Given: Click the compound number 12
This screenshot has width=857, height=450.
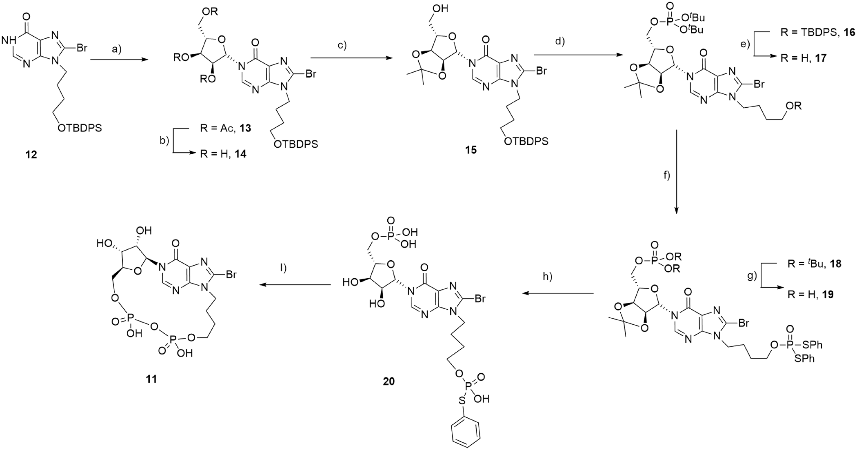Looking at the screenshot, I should (x=31, y=155).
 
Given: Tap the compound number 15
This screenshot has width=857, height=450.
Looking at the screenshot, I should (x=471, y=150).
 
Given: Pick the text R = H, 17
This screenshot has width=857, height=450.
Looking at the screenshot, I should (x=804, y=58).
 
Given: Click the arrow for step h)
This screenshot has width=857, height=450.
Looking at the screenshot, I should (x=559, y=293).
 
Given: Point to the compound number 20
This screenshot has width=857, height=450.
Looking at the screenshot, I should (x=389, y=381).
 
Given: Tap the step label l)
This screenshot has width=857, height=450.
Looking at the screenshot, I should (x=283, y=268).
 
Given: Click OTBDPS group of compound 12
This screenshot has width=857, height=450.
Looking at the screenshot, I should (x=80, y=129).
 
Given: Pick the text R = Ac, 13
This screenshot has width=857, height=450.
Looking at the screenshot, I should (x=226, y=128).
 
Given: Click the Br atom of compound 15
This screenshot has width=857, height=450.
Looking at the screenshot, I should (x=542, y=71).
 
